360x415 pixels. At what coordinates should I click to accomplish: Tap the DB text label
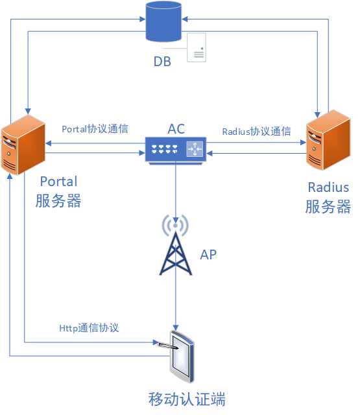point(163,62)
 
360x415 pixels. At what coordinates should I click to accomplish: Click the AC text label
point(176,128)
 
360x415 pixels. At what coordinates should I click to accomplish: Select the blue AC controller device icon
point(175,149)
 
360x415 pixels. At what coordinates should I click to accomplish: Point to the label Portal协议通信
point(94,129)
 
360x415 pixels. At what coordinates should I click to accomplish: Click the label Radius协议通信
point(256,131)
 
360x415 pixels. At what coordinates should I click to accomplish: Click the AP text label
point(208,255)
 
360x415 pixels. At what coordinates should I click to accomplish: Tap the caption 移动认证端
point(187,398)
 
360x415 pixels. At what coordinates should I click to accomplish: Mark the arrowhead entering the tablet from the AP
point(176,326)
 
